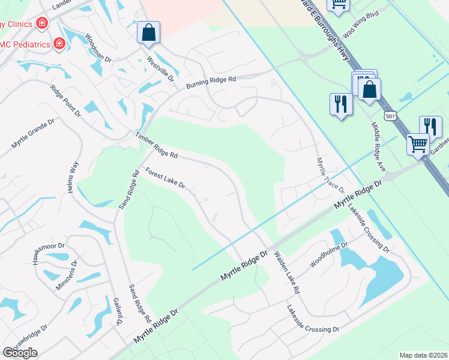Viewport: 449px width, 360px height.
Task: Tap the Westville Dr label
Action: (x=160, y=69)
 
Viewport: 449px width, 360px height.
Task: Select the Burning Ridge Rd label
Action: (x=211, y=82)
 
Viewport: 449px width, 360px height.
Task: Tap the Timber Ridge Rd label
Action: (x=157, y=145)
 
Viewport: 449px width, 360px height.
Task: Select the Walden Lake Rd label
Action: (x=286, y=272)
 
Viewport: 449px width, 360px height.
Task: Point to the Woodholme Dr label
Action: (x=325, y=256)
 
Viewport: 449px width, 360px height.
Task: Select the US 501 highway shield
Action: (x=391, y=115)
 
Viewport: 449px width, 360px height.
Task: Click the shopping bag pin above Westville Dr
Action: (x=148, y=32)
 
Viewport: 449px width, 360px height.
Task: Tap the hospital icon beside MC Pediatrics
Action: (x=59, y=43)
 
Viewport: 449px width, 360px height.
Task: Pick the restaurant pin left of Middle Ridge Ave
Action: (x=340, y=104)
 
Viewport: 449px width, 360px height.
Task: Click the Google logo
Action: (x=20, y=353)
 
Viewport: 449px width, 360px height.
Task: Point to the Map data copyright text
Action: (x=423, y=355)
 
